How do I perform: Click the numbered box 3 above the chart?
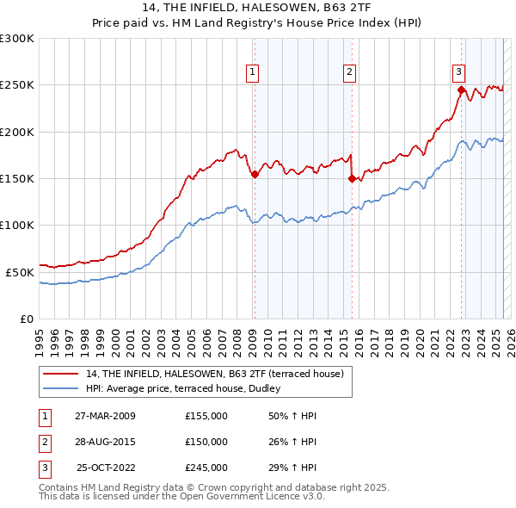pos(459,72)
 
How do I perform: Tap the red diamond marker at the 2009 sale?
pos(255,175)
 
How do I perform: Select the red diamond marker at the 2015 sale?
pos(352,179)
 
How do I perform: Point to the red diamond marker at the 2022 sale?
pos(461,90)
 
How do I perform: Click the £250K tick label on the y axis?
pos(17,85)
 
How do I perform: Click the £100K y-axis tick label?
pos(17,225)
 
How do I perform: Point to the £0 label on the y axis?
pos(26,318)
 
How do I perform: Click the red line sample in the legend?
pos(60,374)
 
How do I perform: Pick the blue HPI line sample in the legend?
pos(60,388)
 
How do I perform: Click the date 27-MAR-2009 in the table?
pos(105,416)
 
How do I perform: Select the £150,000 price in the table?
pos(206,442)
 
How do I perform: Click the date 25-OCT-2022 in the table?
pos(106,468)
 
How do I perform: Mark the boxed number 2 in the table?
pos(43,442)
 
